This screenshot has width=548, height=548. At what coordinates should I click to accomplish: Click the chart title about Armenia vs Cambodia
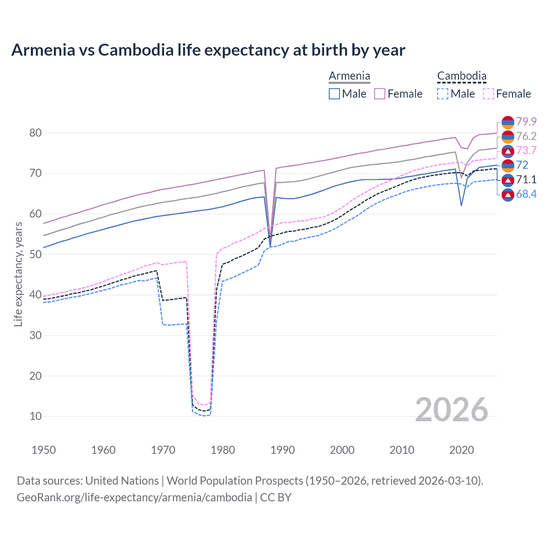click(208, 50)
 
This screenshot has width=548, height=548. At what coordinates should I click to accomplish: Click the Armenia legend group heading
click(349, 76)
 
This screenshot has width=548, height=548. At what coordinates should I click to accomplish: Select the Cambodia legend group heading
click(462, 76)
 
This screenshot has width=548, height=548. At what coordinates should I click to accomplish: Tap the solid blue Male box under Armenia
click(334, 94)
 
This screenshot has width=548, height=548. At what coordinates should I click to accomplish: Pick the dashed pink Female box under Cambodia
click(488, 94)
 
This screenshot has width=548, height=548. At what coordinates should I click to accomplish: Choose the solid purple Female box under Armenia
click(380, 94)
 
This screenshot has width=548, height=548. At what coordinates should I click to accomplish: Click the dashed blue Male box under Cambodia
click(443, 94)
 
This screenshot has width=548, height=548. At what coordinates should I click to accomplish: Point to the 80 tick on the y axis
click(36, 133)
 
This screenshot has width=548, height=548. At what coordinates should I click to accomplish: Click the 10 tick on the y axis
click(36, 416)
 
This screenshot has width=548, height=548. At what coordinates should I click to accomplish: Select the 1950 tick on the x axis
click(44, 450)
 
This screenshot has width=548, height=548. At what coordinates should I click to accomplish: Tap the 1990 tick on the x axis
click(283, 450)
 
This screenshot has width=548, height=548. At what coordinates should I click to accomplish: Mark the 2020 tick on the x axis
click(462, 450)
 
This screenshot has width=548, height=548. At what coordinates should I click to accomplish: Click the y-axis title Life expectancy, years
click(18, 274)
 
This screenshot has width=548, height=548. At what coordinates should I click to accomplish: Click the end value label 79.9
click(526, 122)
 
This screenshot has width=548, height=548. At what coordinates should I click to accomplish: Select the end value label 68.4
click(526, 194)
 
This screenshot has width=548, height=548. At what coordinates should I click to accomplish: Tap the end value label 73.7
click(526, 151)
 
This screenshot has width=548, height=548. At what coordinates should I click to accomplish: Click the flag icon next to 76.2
click(508, 137)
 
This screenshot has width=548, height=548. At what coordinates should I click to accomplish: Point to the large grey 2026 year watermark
click(451, 410)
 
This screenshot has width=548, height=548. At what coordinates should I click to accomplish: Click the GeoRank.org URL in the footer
click(134, 497)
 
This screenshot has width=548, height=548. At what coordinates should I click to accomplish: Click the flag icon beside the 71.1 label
click(508, 180)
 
